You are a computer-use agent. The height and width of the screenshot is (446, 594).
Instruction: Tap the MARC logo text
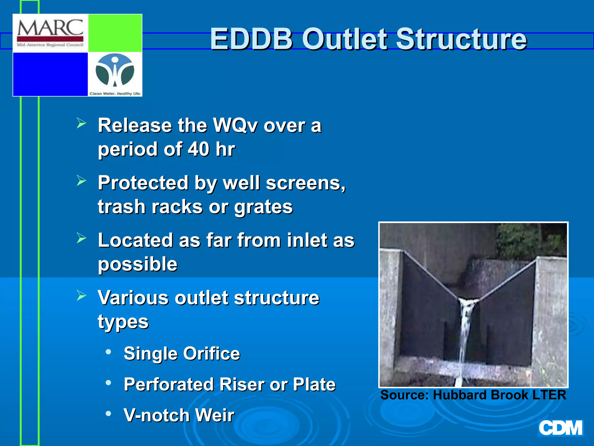click(x=50, y=28)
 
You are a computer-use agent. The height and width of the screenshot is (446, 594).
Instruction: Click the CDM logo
click(x=560, y=428)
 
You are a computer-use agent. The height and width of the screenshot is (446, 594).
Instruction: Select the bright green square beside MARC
click(x=115, y=33)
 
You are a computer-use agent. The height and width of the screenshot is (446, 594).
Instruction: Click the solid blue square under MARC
click(x=50, y=74)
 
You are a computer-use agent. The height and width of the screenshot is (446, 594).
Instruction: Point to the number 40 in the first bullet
click(x=199, y=149)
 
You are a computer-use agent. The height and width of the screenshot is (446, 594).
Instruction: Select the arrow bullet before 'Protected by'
click(x=82, y=181)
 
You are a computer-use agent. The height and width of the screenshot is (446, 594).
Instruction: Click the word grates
click(x=263, y=207)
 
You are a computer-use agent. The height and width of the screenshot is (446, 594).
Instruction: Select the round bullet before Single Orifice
click(x=108, y=352)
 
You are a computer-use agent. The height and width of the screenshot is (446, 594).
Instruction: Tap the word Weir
click(x=215, y=415)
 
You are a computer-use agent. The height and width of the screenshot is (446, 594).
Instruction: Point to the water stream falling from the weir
click(x=465, y=334)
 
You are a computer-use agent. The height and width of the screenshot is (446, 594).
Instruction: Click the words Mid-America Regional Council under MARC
click(x=50, y=45)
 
